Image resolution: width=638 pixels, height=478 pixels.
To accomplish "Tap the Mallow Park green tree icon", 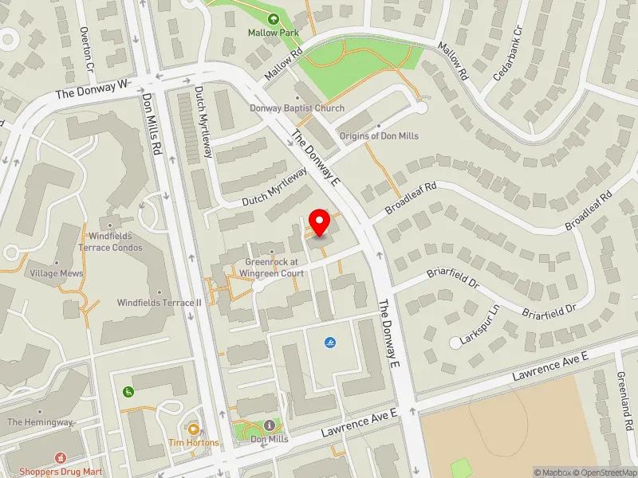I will click(274, 18).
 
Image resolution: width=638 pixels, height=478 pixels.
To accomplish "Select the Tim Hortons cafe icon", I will click(192, 428).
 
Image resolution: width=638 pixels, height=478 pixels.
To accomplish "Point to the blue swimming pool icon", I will click(329, 343).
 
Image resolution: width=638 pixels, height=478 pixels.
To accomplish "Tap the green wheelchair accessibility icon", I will click(128, 391).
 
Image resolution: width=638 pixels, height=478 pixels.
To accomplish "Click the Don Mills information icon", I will click(270, 425).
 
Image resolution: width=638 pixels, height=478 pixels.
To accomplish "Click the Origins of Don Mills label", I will click(378, 135).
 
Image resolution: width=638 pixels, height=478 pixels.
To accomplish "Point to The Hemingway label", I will click(40, 421).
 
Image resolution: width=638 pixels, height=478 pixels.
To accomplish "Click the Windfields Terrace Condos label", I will click(116, 241).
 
